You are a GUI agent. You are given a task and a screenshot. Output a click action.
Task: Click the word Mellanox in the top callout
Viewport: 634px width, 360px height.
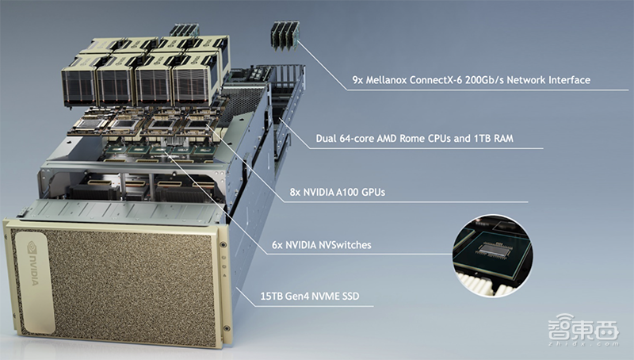[x=386, y=80]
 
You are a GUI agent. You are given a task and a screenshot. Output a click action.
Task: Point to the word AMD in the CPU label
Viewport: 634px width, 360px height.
[x=387, y=139]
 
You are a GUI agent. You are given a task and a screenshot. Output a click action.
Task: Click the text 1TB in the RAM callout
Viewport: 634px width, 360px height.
[x=483, y=139]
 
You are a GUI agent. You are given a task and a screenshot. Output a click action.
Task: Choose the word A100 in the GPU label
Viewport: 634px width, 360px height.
[x=347, y=192]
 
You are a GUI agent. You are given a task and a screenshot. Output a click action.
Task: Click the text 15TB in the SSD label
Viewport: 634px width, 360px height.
[x=272, y=296]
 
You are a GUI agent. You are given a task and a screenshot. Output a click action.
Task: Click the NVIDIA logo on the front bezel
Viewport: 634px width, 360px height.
[x=32, y=263]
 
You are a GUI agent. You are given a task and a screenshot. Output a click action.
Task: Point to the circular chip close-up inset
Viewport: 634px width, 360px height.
[x=492, y=255]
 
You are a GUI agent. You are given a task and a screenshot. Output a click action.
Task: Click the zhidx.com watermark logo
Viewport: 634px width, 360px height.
[x=583, y=329]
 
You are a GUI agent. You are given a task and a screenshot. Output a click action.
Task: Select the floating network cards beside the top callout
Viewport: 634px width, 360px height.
[x=285, y=35]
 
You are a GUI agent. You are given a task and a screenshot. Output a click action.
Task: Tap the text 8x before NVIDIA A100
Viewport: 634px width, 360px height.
[x=295, y=192]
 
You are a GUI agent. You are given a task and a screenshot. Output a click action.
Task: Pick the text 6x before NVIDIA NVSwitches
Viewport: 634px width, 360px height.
[x=277, y=245]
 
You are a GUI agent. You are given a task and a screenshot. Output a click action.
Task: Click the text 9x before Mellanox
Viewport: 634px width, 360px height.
[x=358, y=80]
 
